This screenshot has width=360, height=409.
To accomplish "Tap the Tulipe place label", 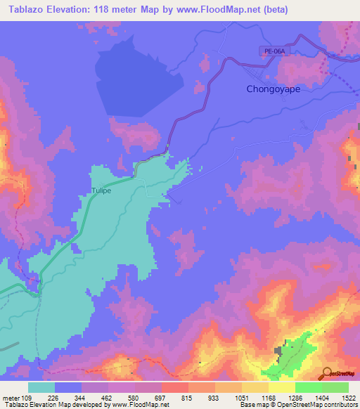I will pyautogui.click(x=101, y=190).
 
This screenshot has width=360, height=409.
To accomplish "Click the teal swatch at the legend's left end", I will pyautogui.click(x=41, y=387).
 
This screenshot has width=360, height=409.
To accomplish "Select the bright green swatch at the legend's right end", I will pyautogui.click(x=335, y=387).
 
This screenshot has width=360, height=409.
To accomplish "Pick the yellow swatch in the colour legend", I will pyautogui.click(x=282, y=387).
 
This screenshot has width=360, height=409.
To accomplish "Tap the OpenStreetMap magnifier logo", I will pyautogui.click(x=327, y=372).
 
